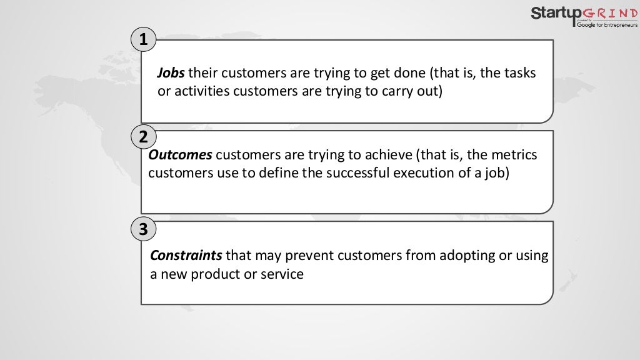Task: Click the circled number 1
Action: pyautogui.click(x=144, y=41)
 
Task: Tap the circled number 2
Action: pyautogui.click(x=144, y=137)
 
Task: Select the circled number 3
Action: pyautogui.click(x=144, y=229)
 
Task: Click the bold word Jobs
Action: pyautogui.click(x=170, y=74)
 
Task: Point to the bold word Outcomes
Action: pyautogui.click(x=180, y=155)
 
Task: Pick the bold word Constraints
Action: pyautogui.click(x=186, y=256)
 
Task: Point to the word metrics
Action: pyautogui.click(x=512, y=155)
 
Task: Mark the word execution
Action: pyautogui.click(x=421, y=172)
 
